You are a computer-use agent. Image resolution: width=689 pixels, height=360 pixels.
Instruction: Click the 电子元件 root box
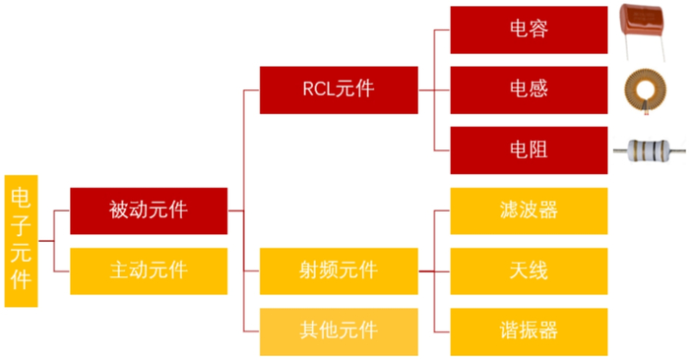[21, 241]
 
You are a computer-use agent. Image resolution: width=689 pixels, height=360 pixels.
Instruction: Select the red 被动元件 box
[149, 210]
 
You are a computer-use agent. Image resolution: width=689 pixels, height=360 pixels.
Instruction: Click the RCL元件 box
[339, 90]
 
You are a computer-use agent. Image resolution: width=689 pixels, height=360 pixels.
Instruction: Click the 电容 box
[529, 30]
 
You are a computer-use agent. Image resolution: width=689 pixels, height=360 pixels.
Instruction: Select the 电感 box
[529, 90]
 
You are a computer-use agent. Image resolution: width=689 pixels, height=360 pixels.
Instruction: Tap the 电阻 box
[529, 150]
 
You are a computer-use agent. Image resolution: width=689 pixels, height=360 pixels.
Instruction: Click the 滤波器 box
[529, 210]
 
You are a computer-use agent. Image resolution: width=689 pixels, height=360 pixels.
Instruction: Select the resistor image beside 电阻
[647, 150]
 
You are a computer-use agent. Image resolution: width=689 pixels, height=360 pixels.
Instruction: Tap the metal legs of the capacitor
[647, 49]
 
